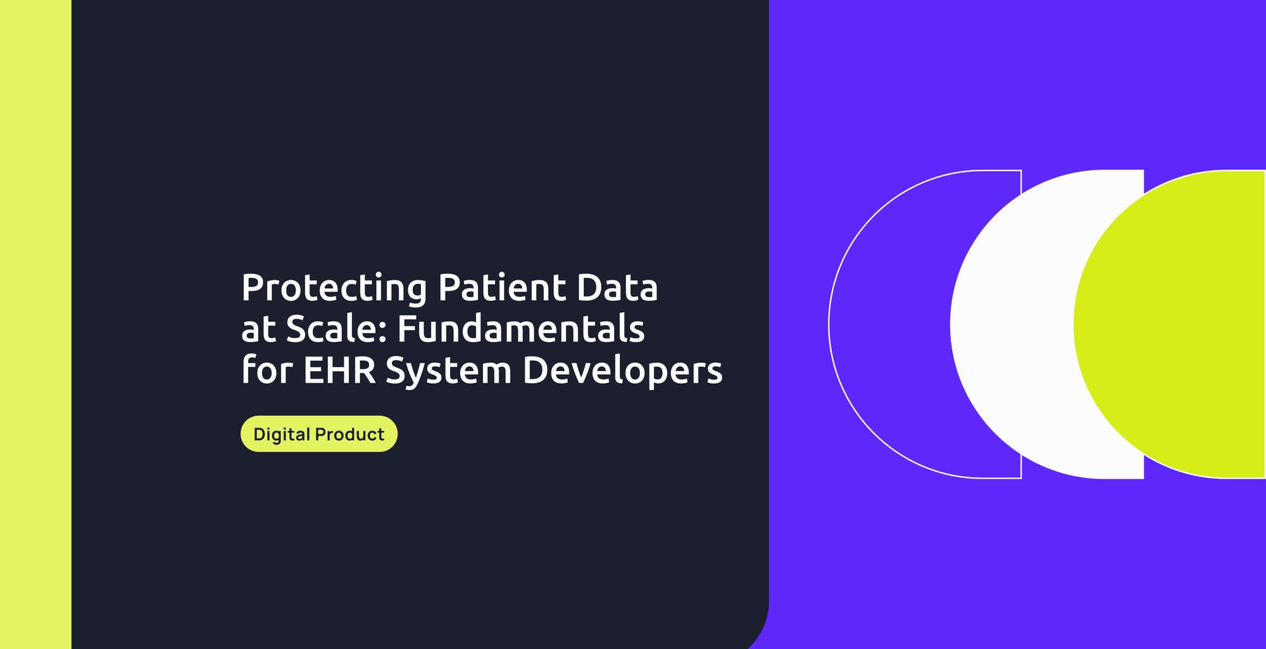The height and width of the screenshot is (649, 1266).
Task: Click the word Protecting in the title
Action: pyautogui.click(x=334, y=288)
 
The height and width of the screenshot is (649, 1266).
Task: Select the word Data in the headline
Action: pyautogui.click(x=617, y=288)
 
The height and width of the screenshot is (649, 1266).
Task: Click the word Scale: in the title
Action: pyautogui.click(x=336, y=329)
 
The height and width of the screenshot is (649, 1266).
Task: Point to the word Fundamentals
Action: pyautogui.click(x=521, y=329)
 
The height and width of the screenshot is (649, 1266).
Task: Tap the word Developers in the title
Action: pyautogui.click(x=622, y=372)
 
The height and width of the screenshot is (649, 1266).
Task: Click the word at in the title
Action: pyautogui.click(x=258, y=330)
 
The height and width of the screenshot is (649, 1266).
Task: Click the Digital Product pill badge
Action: pyautogui.click(x=318, y=434)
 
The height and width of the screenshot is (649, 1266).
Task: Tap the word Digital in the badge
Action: pyautogui.click(x=281, y=435)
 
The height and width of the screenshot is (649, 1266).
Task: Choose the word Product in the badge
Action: pyautogui.click(x=349, y=434)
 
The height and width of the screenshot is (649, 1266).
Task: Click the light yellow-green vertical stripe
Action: pyautogui.click(x=35, y=324)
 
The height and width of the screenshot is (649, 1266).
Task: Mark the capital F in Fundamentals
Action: pyautogui.click(x=406, y=329)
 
